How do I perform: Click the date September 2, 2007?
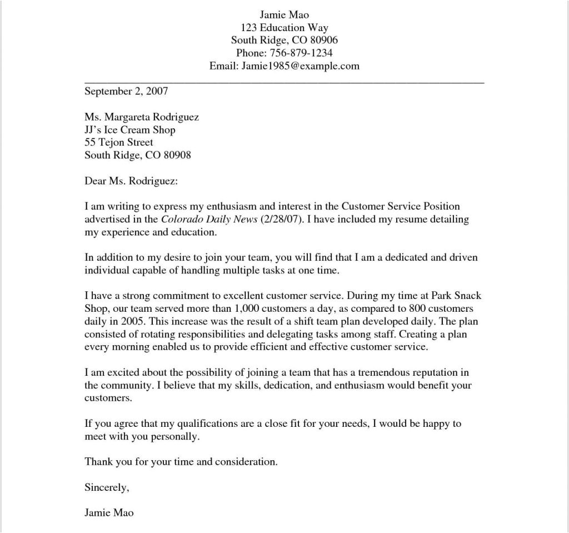coord(126,91)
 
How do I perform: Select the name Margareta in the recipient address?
coord(129,117)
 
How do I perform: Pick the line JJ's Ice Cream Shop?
coord(130,130)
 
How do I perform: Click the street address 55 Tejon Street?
coord(119,143)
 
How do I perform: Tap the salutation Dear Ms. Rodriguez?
coord(131,182)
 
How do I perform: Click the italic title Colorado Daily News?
coord(209,220)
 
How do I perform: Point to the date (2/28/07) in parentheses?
coord(281,220)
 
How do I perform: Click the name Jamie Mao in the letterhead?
coord(284,14)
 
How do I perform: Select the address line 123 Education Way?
coord(284,28)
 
